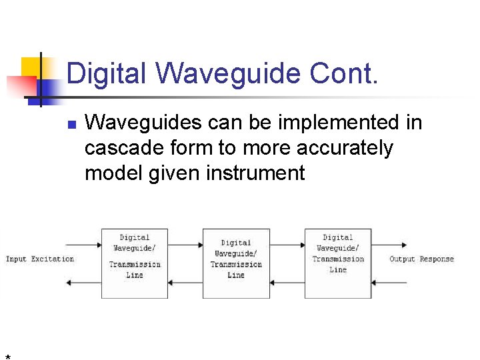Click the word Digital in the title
pos(105,73)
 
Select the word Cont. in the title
pos(344,73)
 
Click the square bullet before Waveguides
pos(72,125)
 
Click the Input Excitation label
pos(40,259)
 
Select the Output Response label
pos(421,259)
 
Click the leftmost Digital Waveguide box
pos(135,263)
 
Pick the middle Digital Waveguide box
pos(236,263)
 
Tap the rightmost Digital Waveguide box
pos(338,263)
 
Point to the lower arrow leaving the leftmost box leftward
pos(84,283)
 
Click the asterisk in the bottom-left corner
pos(7,357)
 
